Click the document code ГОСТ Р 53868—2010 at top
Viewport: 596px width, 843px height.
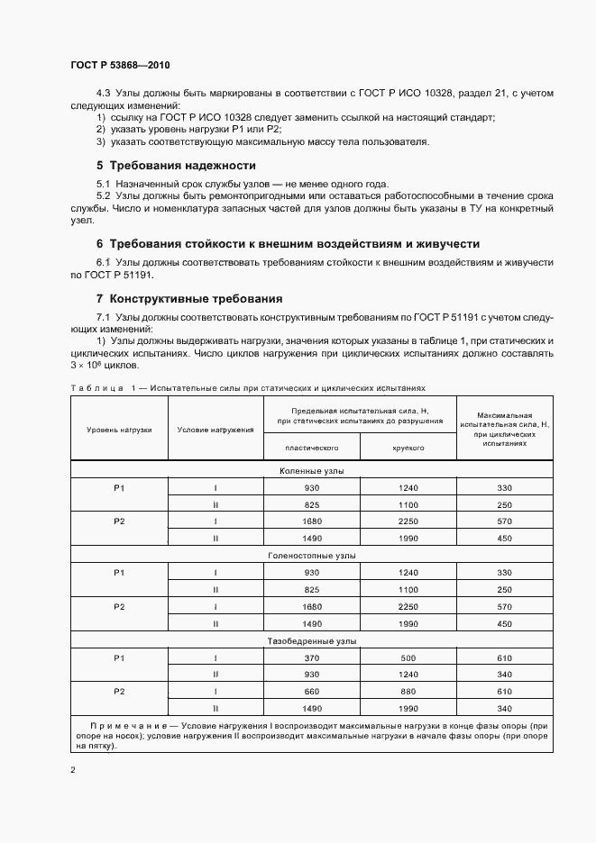pyautogui.click(x=119, y=66)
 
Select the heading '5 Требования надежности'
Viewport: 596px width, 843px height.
pyautogui.click(x=176, y=166)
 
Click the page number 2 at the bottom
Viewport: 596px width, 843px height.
pyautogui.click(x=73, y=770)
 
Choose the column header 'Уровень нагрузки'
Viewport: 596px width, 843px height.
pyautogui.click(x=119, y=430)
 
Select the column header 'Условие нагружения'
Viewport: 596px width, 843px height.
pyautogui.click(x=215, y=430)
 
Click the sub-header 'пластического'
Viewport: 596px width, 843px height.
pyautogui.click(x=311, y=447)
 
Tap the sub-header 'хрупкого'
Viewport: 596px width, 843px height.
pyautogui.click(x=408, y=447)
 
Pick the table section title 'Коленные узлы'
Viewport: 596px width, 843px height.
pyautogui.click(x=311, y=471)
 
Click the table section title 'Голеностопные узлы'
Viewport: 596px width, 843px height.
pyautogui.click(x=311, y=556)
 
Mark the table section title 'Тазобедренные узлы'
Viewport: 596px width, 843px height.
pyautogui.click(x=311, y=641)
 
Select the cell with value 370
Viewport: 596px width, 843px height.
pyautogui.click(x=311, y=658)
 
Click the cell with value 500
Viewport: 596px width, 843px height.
pyautogui.click(x=408, y=658)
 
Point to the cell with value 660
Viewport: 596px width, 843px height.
pyautogui.click(x=311, y=692)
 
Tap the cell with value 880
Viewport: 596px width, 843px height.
pyautogui.click(x=408, y=692)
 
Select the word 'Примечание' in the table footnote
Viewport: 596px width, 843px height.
pyautogui.click(x=127, y=726)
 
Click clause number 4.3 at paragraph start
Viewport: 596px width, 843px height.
pyautogui.click(x=102, y=94)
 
